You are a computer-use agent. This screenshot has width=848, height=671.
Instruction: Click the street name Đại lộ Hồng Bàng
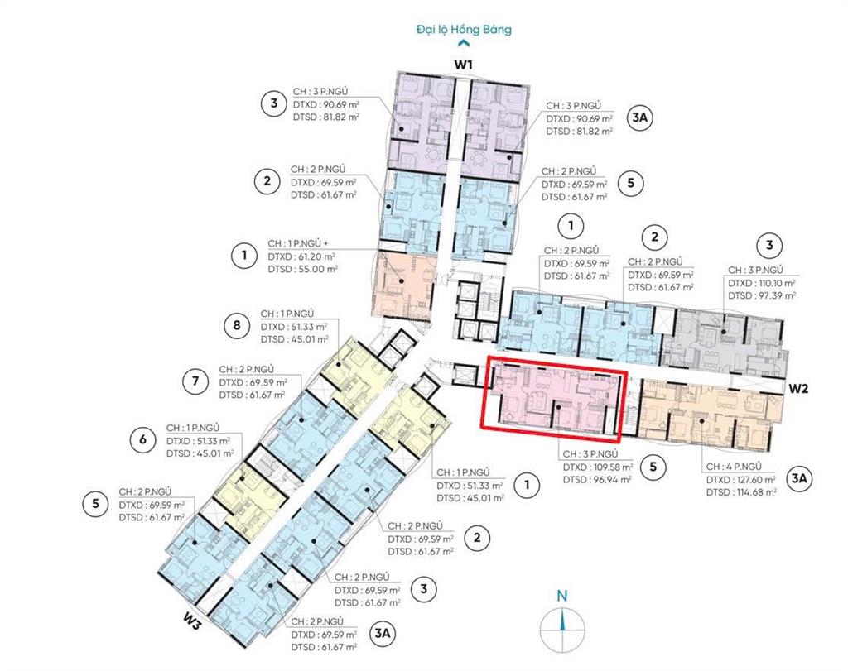pyautogui.click(x=464, y=29)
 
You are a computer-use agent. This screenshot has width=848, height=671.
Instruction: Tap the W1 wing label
pyautogui.click(x=463, y=65)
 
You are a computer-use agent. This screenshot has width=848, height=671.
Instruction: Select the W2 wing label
pyautogui.click(x=797, y=388)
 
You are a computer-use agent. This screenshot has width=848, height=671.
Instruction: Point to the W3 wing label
pyautogui.click(x=192, y=621)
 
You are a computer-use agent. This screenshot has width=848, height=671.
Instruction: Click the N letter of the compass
pyautogui.click(x=562, y=596)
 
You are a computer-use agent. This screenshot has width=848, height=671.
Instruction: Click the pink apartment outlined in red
pyautogui.click(x=554, y=400)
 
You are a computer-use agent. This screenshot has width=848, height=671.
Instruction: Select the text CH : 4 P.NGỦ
pyautogui.click(x=734, y=467)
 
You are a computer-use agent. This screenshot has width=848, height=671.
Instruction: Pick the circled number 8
pyautogui.click(x=237, y=325)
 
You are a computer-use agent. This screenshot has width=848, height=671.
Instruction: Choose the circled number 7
pyautogui.click(x=195, y=381)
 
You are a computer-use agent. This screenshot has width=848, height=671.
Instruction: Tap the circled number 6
pyautogui.click(x=142, y=439)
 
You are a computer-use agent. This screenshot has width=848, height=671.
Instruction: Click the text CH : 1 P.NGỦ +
pyautogui.click(x=297, y=243)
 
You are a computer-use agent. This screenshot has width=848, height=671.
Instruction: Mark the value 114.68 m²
pyautogui.click(x=754, y=492)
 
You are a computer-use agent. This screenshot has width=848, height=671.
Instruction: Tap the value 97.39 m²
pyautogui.click(x=773, y=295)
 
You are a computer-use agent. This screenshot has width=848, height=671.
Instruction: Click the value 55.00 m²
pyautogui.click(x=316, y=269)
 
